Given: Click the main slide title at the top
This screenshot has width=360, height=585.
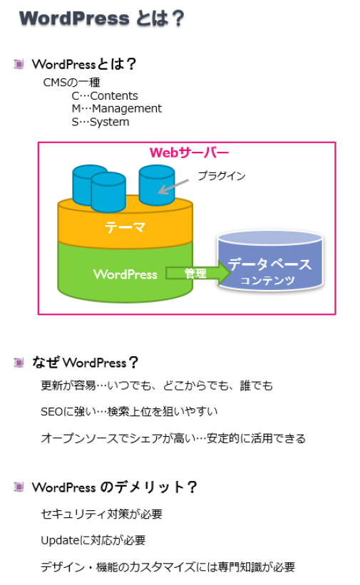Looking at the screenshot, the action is pyautogui.click(x=102, y=19).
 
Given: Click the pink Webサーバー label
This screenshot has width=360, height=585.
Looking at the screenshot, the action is pyautogui.click(x=189, y=152).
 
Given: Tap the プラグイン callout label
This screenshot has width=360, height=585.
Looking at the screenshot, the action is pyautogui.click(x=222, y=176).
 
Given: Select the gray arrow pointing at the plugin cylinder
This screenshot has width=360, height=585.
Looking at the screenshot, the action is pyautogui.click(x=173, y=187).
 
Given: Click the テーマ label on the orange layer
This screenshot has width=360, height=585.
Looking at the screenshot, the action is pyautogui.click(x=125, y=227).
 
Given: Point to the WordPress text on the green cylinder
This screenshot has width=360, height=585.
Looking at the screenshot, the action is pyautogui.click(x=125, y=274).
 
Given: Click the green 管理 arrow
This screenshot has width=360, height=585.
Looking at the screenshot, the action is pyautogui.click(x=198, y=273).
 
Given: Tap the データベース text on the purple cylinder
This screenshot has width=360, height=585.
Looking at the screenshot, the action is pyautogui.click(x=269, y=264).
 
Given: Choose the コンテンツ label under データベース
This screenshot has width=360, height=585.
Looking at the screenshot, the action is pyautogui.click(x=267, y=280).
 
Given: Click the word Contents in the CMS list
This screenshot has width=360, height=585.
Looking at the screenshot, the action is pyautogui.click(x=114, y=96).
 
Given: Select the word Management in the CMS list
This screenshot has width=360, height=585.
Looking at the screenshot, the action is pyautogui.click(x=127, y=108).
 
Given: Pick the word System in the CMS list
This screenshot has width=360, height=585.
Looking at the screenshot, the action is pyautogui.click(x=109, y=122).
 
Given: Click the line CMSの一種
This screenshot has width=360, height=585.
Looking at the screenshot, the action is pyautogui.click(x=72, y=82).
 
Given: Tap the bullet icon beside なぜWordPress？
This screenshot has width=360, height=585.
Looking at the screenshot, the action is pyautogui.click(x=19, y=362).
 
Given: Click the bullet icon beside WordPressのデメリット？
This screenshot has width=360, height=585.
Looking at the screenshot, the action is pyautogui.click(x=19, y=487).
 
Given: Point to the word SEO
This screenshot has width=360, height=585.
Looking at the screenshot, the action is pyautogui.click(x=52, y=412).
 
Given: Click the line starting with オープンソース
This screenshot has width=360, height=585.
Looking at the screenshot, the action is pyautogui.click(x=173, y=438).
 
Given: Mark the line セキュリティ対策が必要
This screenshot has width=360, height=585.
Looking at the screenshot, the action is pyautogui.click(x=101, y=514).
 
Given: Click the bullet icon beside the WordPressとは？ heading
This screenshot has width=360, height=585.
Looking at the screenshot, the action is pyautogui.click(x=19, y=64).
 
